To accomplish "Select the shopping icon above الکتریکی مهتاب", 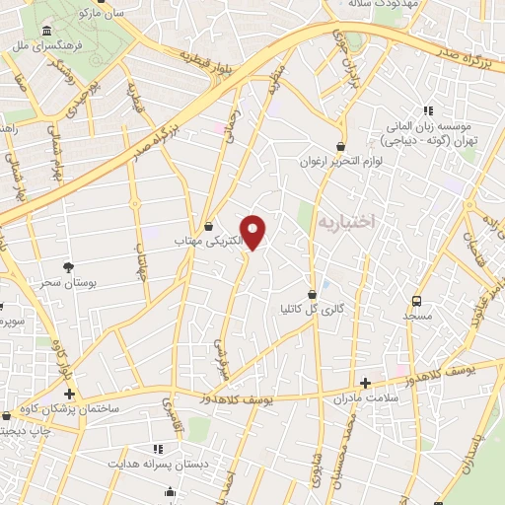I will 208,226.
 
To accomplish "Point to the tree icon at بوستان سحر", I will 68,266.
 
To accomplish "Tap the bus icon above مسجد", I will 416,301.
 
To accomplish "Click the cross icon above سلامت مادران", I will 366,383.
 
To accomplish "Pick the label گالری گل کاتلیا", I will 313,309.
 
